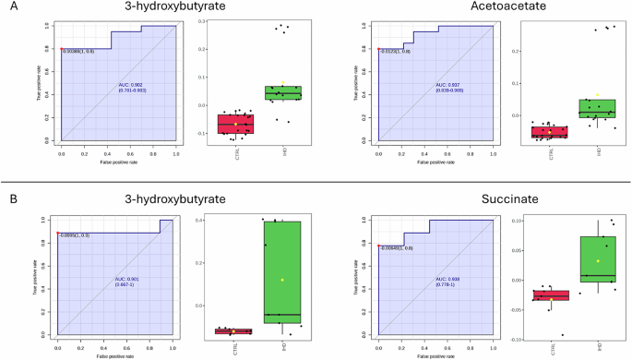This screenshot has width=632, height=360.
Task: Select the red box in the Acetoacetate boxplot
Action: tap(551, 132)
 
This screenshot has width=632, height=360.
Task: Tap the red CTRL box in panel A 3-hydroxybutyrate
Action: tap(235, 124)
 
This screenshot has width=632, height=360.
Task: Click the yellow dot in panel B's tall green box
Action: tap(282, 280)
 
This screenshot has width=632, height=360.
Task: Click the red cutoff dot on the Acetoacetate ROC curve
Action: tap(379, 49)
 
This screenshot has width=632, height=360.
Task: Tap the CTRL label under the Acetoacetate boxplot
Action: tap(551, 152)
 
